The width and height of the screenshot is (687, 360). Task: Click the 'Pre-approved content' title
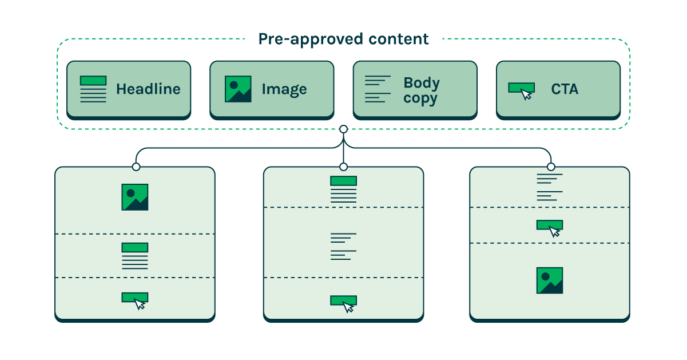tap(343, 39)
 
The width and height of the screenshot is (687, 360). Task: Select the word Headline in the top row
tap(148, 89)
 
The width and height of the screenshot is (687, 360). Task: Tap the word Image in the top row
tap(284, 89)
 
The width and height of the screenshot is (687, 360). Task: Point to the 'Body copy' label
tap(421, 90)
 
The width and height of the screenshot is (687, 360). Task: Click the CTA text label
tap(565, 89)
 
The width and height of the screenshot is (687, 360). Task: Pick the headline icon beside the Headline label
tap(93, 89)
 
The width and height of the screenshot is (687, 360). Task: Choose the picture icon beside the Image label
tap(238, 89)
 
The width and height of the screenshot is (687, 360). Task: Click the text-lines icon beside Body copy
tap(378, 89)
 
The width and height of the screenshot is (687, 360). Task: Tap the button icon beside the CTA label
tap(522, 90)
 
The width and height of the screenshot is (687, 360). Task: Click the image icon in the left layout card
tap(135, 197)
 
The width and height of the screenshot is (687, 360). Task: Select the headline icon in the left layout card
tap(135, 256)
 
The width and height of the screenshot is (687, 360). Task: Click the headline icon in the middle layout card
tap(343, 189)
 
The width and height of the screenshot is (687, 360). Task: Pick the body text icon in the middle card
tap(343, 246)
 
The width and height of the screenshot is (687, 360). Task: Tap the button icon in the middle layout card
tap(344, 303)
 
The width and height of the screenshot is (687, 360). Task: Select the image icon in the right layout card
tap(550, 280)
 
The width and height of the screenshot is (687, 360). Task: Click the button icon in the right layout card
tap(550, 227)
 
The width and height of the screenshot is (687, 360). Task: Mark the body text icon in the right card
tap(550, 187)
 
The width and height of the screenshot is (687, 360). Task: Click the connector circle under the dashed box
tap(343, 129)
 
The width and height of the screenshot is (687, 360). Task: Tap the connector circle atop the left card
tap(136, 167)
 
